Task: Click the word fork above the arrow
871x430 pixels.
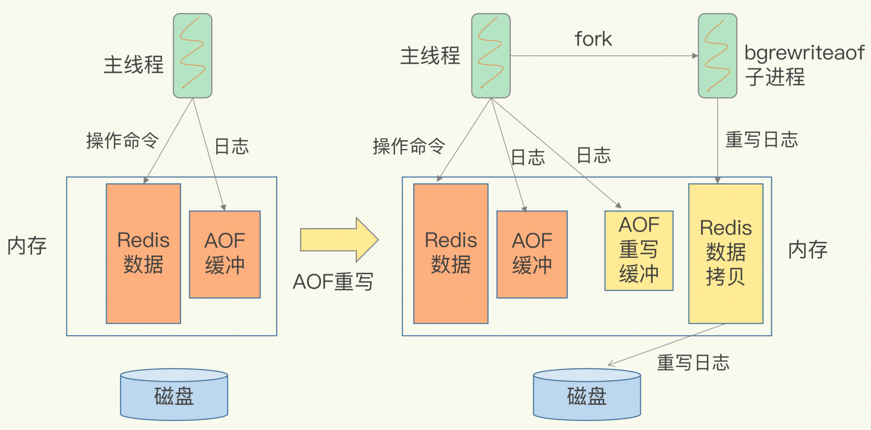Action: pos(593,39)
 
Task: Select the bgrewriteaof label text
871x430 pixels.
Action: pos(804,53)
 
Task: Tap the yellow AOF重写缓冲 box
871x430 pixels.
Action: pos(639,250)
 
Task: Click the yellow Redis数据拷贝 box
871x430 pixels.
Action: pos(726,253)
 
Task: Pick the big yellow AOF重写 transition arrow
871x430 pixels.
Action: pos(339,240)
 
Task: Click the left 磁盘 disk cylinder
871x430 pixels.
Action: pos(174,395)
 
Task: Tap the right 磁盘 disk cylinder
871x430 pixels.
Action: pos(587,395)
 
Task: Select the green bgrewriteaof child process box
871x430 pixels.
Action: pos(717,56)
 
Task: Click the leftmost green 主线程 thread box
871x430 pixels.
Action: pos(192,56)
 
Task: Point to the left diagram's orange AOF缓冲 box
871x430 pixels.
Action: pos(225,254)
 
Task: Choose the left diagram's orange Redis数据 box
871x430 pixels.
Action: pos(143,253)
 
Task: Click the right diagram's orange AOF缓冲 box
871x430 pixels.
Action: pos(532,254)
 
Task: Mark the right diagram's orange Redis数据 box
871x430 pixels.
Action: pos(451,253)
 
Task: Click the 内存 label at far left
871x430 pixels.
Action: pos(27,246)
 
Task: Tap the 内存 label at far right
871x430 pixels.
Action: pos(808,250)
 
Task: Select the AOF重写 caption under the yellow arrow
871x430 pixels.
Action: pos(333,282)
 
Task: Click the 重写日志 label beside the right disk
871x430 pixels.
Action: pos(693,363)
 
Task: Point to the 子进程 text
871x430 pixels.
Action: pos(775,77)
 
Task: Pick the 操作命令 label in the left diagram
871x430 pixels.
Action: pos(122,140)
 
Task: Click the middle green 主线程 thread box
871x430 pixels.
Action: pos(491,56)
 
